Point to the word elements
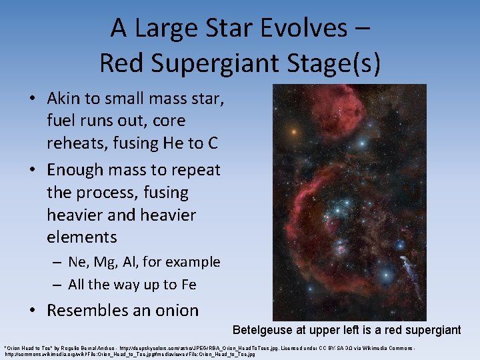(82, 237)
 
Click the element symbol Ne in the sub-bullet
(77, 262)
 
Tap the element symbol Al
(126, 262)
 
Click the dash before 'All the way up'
(58, 285)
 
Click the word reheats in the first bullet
(75, 143)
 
